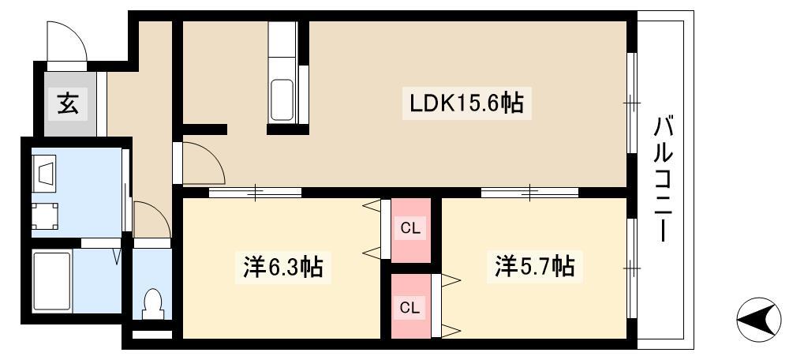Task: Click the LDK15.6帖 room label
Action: click(466, 103)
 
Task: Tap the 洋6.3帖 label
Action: click(282, 266)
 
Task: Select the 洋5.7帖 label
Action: click(534, 265)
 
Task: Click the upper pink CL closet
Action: click(410, 230)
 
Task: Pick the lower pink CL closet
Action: click(410, 306)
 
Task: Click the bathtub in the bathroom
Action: click(51, 281)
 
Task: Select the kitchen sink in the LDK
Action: click(282, 100)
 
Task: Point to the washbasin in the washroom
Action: click(44, 173)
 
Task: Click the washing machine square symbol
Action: click(45, 216)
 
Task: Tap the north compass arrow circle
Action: click(759, 320)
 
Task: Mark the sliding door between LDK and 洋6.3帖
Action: click(255, 193)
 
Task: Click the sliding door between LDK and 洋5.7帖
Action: click(530, 193)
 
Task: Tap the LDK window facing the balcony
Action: click(632, 102)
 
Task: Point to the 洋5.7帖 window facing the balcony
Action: click(632, 268)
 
